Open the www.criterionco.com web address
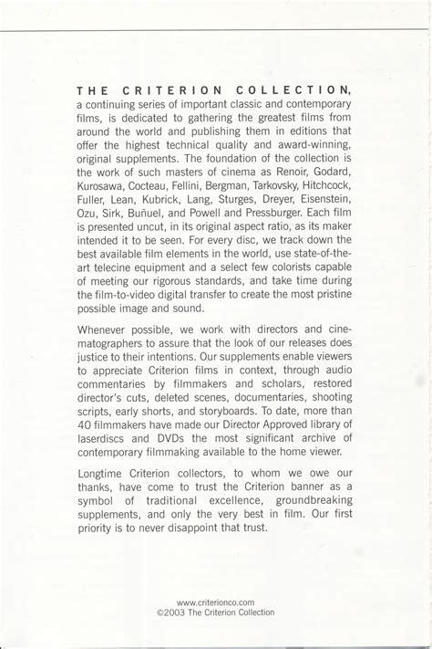(215, 602)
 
